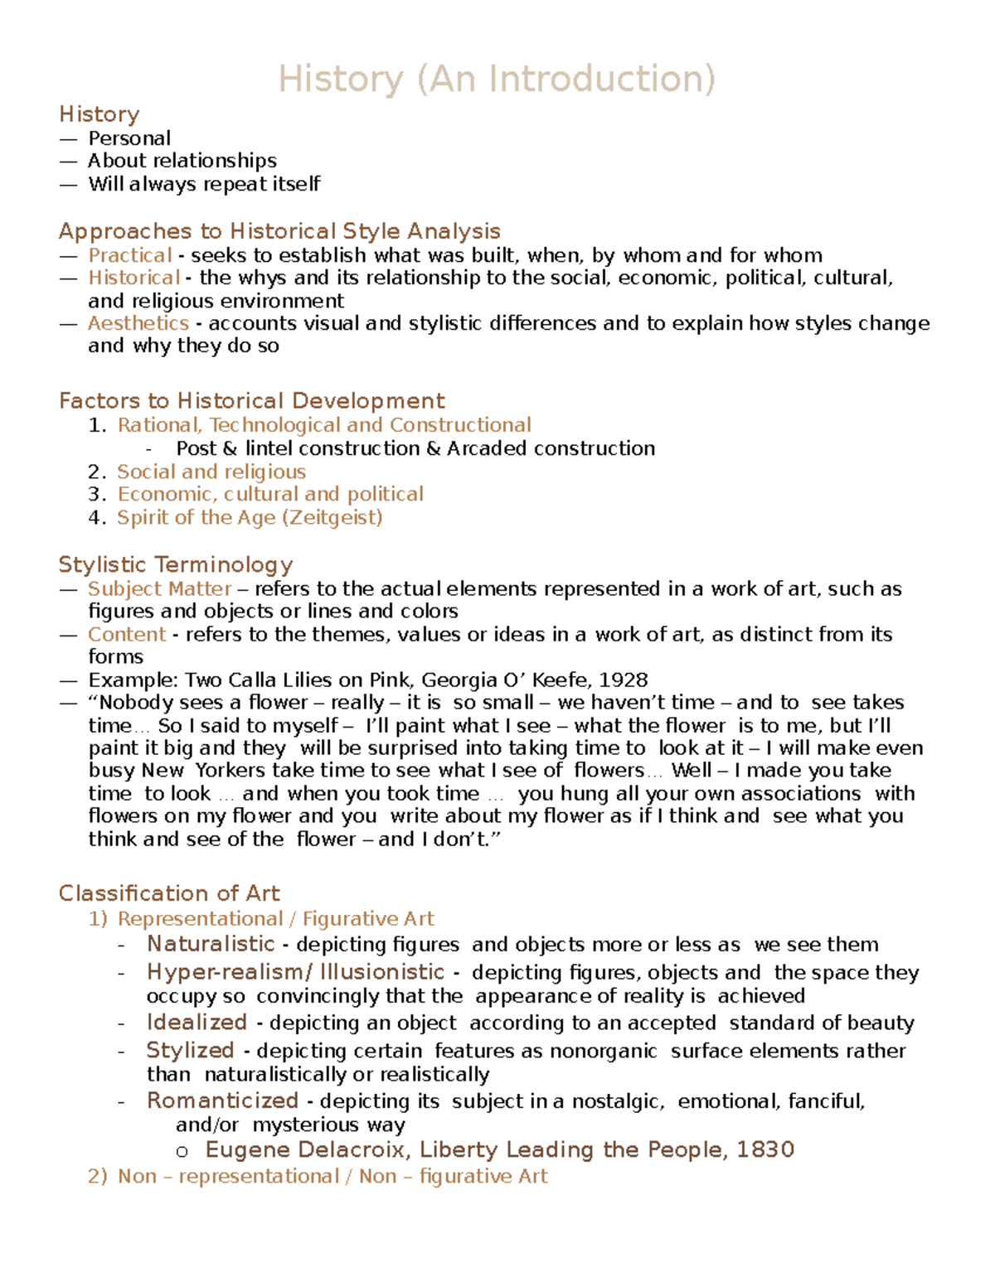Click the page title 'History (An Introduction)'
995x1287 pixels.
pos(497,80)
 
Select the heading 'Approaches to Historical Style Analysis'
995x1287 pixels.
pos(279,231)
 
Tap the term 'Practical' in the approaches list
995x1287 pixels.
pos(130,255)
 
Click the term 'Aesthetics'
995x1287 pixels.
pos(138,323)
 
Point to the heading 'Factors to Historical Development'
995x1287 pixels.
pos(251,401)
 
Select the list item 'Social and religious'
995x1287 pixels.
pos(211,472)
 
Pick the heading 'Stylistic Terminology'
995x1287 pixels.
pos(175,565)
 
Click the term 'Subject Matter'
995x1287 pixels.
pos(159,589)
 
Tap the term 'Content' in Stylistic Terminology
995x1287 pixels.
pos(127,635)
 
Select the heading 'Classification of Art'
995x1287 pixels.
pos(169,893)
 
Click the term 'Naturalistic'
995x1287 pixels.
pos(211,945)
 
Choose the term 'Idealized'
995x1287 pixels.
pos(197,1023)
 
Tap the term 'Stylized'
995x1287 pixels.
pos(190,1051)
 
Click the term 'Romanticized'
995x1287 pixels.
pos(222,1101)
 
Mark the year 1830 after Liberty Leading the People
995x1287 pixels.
pos(765,1150)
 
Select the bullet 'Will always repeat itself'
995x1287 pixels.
pos(204,184)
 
